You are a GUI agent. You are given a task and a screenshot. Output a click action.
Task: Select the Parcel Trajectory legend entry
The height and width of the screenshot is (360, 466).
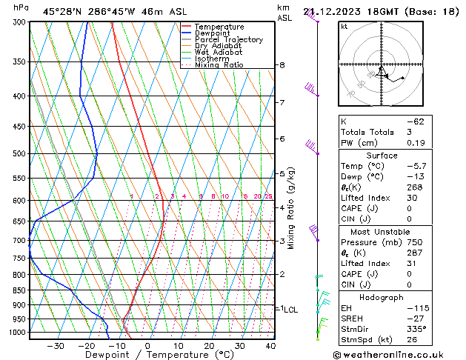[228, 40]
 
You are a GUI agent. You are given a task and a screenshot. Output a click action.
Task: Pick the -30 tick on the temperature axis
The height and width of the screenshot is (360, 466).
[56, 346]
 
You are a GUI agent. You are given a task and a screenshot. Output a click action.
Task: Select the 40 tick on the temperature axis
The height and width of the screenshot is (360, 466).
[270, 346]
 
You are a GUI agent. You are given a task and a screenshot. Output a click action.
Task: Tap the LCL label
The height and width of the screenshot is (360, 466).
[290, 310]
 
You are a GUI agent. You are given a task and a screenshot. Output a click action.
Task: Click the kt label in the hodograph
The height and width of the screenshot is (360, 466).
[344, 27]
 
